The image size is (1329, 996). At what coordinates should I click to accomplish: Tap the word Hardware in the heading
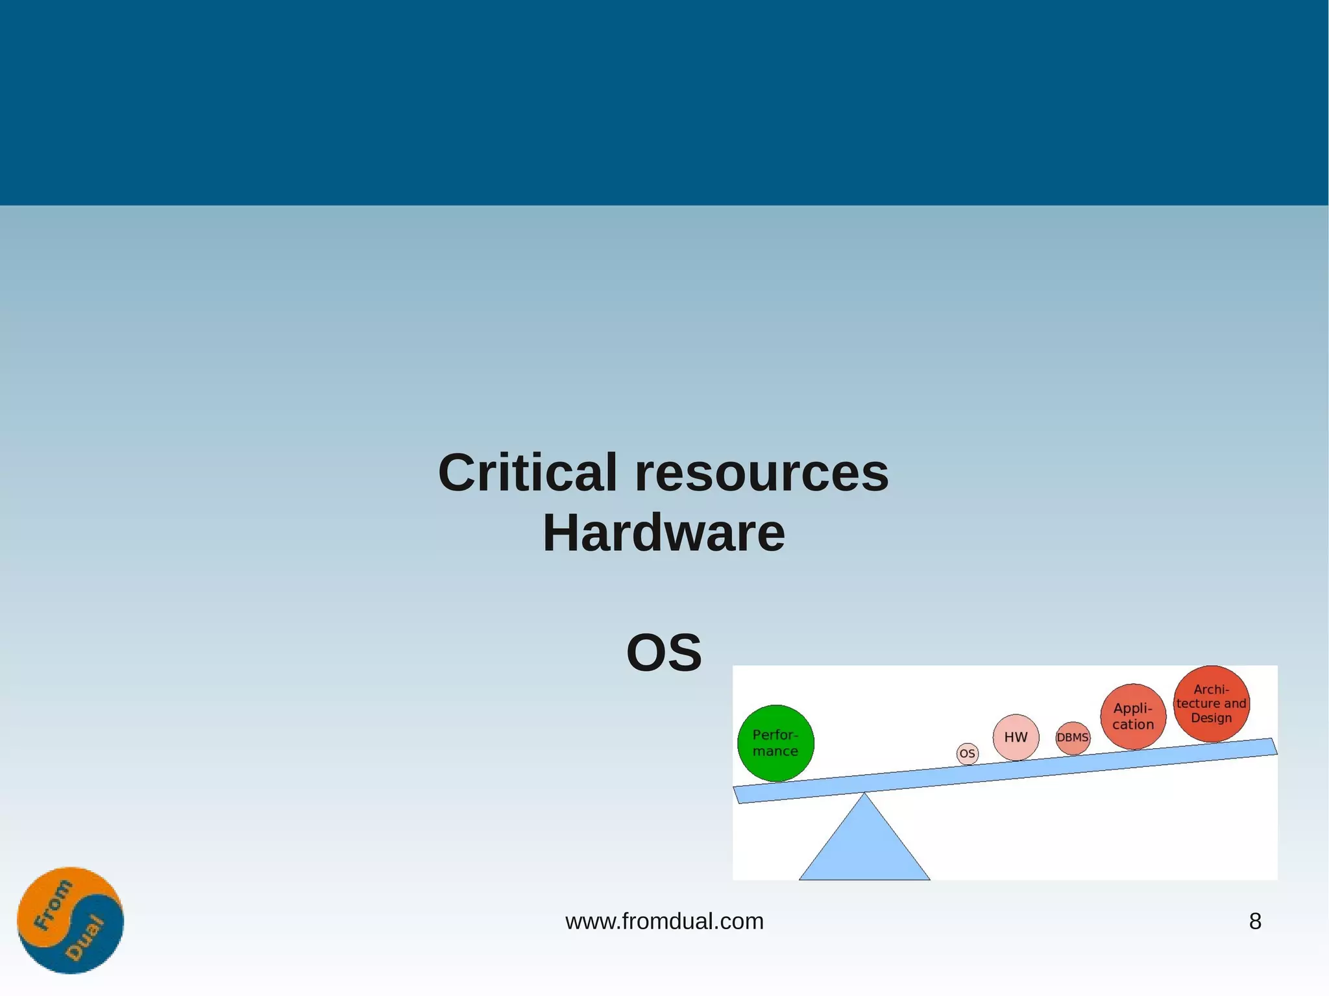tap(663, 533)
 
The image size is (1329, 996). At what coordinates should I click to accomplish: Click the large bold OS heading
tap(664, 653)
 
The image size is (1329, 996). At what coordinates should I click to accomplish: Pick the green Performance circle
tap(775, 743)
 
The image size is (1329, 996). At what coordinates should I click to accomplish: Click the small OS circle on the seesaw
tap(967, 753)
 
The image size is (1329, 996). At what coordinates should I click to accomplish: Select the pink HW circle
tap(1016, 737)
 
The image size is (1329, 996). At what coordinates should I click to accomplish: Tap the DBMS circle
tap(1073, 738)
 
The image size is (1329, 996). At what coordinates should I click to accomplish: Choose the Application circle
tap(1133, 716)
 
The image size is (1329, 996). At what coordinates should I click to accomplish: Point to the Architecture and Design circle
tap(1211, 703)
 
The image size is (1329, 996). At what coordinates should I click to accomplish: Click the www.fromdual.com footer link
tap(664, 921)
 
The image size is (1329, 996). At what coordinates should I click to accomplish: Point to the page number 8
tap(1255, 921)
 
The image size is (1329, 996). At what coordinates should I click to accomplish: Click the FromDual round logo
tap(70, 920)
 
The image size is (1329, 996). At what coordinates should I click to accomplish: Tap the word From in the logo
tap(53, 905)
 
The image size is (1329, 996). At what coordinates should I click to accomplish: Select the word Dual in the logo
tap(85, 938)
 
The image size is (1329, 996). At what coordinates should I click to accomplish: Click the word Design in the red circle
tap(1211, 718)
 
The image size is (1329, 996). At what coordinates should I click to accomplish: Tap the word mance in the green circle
tap(775, 751)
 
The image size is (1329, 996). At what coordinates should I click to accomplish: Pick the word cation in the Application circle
tap(1133, 725)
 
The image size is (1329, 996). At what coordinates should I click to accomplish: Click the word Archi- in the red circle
tap(1211, 689)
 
